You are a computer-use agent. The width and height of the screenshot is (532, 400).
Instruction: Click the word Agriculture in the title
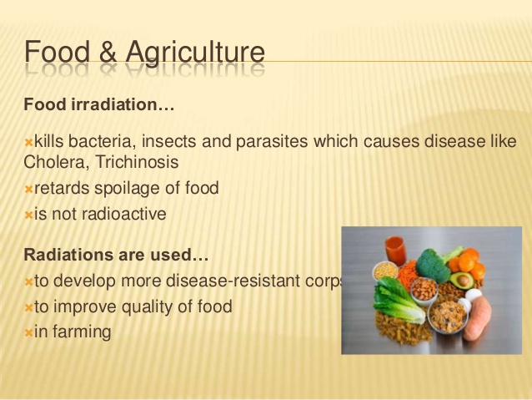195,53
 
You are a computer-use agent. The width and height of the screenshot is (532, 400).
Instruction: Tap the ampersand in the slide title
108,52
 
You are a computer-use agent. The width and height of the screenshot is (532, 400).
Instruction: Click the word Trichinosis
137,161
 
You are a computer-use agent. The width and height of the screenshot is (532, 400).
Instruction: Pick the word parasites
272,142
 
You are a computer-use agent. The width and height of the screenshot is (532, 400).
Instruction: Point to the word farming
82,332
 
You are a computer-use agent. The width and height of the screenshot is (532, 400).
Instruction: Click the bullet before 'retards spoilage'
28,190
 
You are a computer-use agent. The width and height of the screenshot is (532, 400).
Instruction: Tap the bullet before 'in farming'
28,333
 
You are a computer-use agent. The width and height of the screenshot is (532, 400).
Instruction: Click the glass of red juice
395,251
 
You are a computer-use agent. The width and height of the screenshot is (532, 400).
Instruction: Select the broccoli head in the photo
432,265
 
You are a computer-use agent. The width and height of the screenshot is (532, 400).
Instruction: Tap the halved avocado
462,280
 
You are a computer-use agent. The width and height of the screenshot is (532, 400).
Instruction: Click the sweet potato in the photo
476,317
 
